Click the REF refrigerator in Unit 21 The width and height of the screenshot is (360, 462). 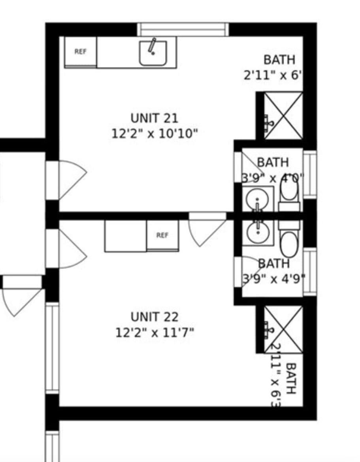[80, 52]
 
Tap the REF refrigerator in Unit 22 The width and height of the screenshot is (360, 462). [162, 235]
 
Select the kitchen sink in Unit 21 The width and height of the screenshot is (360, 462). [153, 53]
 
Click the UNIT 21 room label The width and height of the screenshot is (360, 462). [154, 118]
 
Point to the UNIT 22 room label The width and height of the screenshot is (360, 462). [155, 317]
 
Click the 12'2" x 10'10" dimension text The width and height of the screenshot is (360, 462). [154, 133]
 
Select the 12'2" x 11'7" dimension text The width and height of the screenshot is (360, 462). [155, 332]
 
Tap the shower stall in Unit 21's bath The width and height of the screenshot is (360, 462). [283, 115]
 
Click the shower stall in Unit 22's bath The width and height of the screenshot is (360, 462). [283, 329]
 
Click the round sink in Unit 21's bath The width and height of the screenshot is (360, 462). [257, 199]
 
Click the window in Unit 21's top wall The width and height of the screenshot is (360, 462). [183, 30]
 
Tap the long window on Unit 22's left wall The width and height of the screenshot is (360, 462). [52, 347]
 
